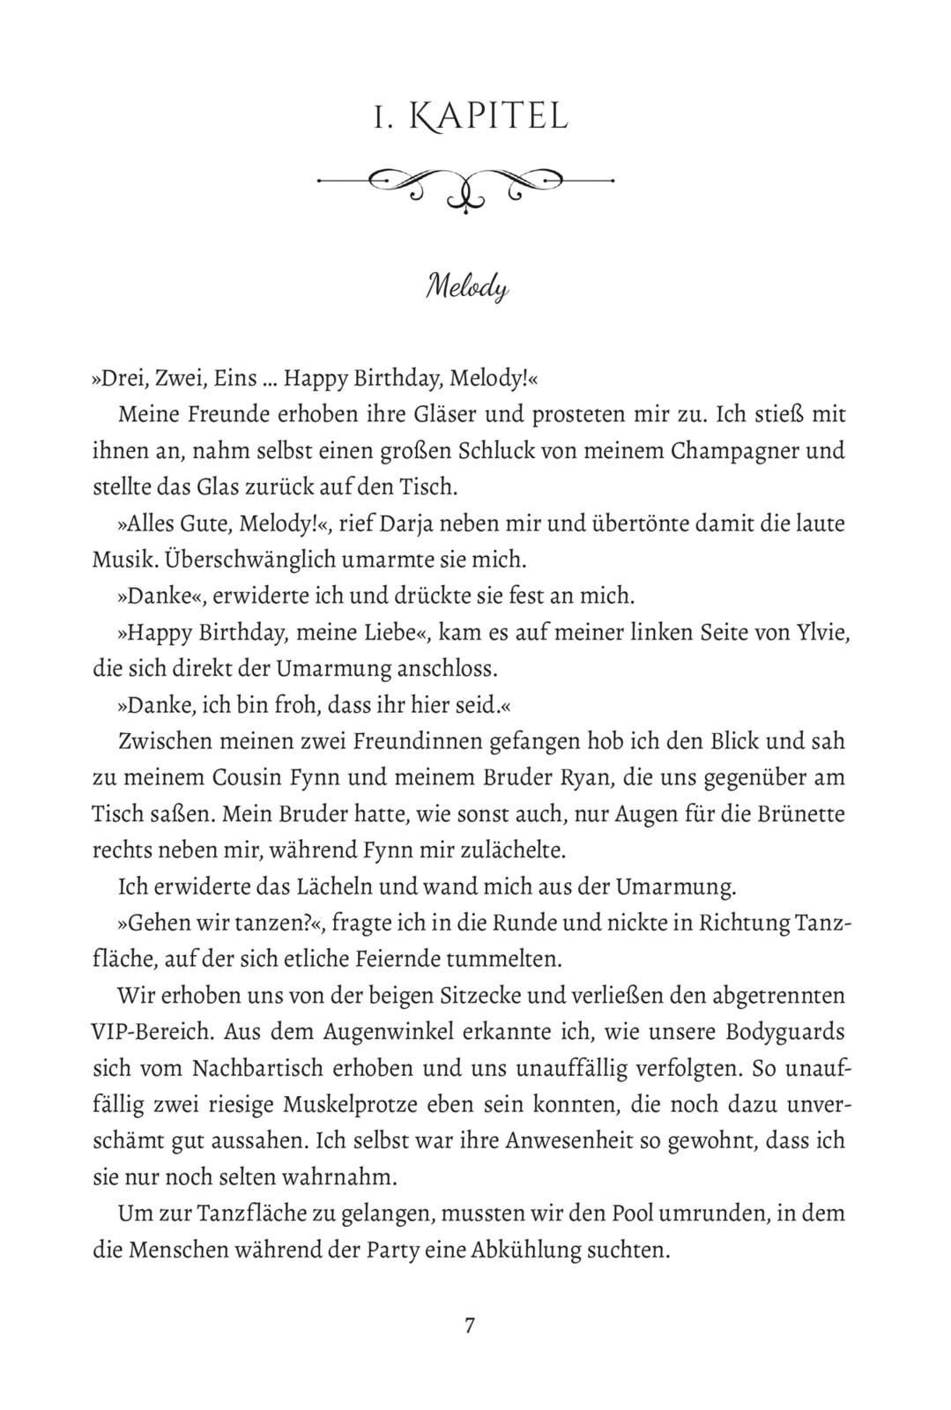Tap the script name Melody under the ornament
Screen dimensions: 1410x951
tap(467, 288)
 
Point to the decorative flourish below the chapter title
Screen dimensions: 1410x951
tap(464, 184)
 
